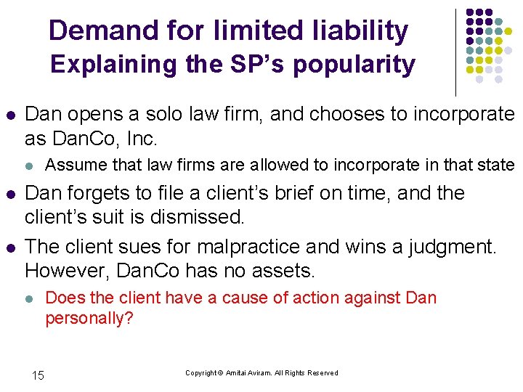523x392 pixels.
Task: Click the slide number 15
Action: point(38,375)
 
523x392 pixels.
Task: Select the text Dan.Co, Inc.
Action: point(101,138)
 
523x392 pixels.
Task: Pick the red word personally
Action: point(89,318)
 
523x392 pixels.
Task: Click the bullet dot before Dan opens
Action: point(9,115)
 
